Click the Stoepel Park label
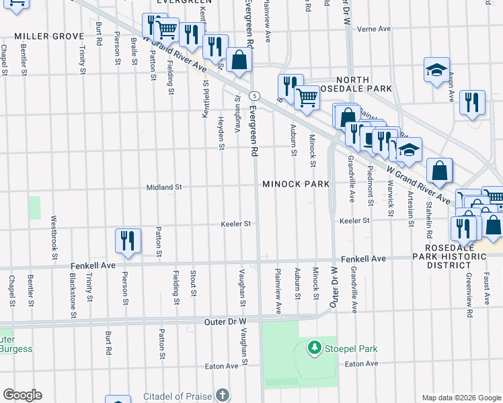[350, 349]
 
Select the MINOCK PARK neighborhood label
[296, 184]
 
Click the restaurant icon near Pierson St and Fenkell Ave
[127, 241]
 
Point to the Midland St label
[165, 187]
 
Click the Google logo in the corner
[22, 395]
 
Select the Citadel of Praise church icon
[223, 394]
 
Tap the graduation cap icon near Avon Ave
[436, 70]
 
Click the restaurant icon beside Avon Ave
[472, 102]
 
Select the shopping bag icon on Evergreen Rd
[239, 60]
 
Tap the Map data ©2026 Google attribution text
[461, 398]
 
